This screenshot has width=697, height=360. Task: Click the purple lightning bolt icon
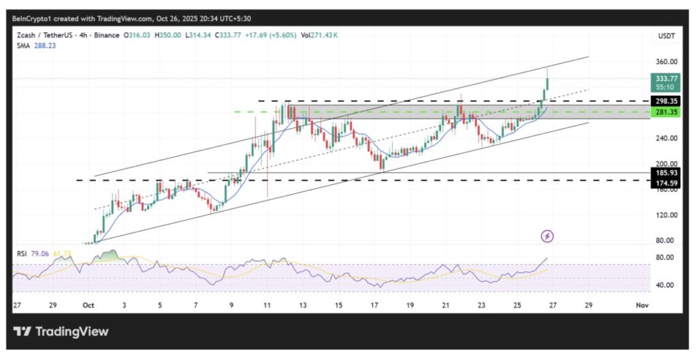(548, 236)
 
